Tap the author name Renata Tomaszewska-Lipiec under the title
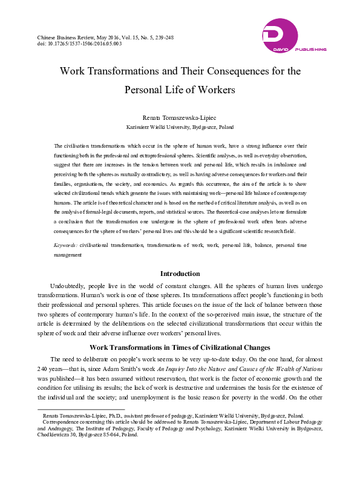point(179,117)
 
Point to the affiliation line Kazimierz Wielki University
point(179,128)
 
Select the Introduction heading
point(180,274)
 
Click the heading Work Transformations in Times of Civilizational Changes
point(180,347)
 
